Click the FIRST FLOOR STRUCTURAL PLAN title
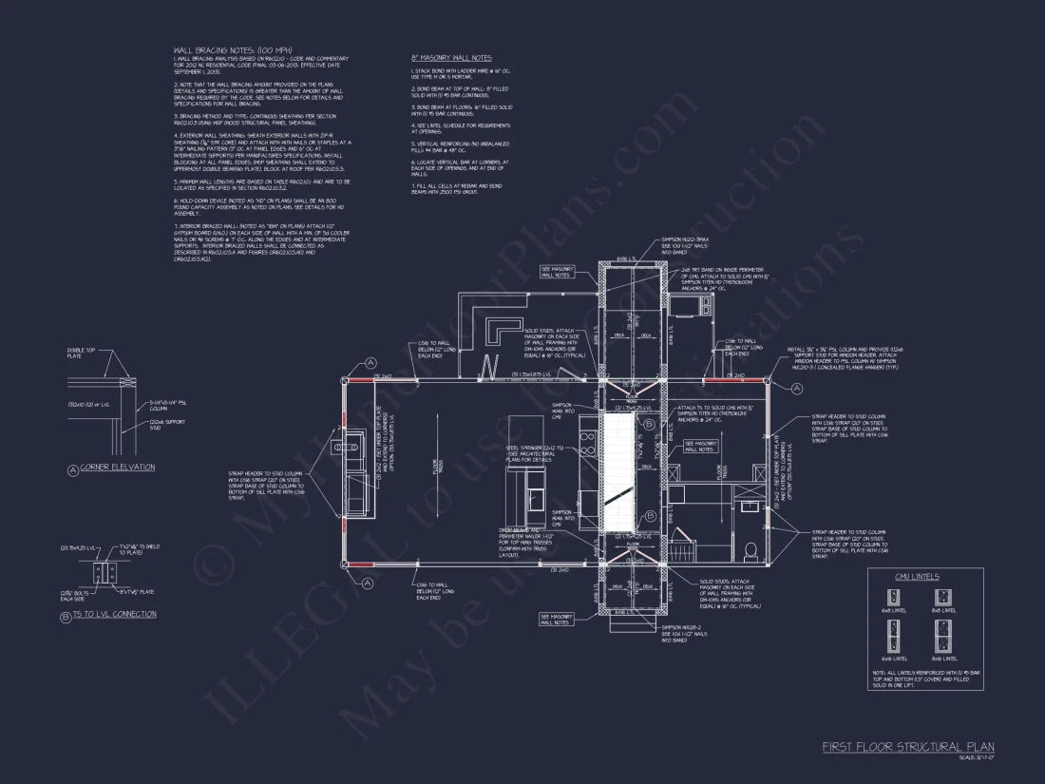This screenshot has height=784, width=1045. (x=907, y=747)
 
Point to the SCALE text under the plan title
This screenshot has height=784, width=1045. (x=969, y=757)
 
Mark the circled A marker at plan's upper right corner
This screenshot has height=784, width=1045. (x=775, y=363)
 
